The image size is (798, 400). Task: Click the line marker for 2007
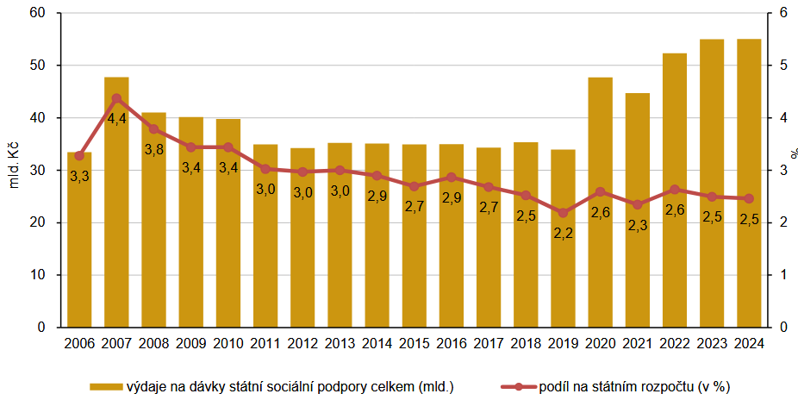tap(116, 97)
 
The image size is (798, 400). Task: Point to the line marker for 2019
tap(563, 213)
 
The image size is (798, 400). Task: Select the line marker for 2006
tap(79, 156)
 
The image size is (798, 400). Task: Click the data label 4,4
tap(116, 118)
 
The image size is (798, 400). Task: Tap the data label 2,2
tap(563, 234)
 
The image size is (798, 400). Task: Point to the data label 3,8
tap(153, 149)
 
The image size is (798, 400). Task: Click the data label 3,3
tap(79, 177)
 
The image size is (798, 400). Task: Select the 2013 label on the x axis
tap(340, 342)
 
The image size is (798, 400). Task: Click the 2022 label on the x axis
tap(675, 342)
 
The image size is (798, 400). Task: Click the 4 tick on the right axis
tap(782, 118)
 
